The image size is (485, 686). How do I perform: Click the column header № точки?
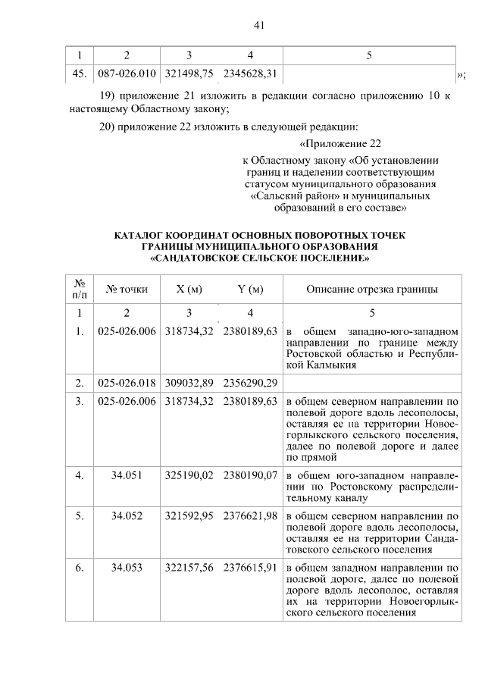[x=127, y=289]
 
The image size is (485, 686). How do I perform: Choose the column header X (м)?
[x=189, y=289]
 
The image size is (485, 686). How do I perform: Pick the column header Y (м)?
[x=250, y=289]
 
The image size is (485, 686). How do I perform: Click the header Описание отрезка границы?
[x=371, y=289]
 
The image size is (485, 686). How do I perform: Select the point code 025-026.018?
[x=127, y=381]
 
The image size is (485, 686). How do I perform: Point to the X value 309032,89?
[x=189, y=381]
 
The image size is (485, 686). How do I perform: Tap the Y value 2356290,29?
[x=250, y=381]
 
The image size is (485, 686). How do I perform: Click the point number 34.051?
[x=127, y=475]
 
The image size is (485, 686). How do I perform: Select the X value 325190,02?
[x=189, y=475]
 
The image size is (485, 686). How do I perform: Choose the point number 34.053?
[x=127, y=567]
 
